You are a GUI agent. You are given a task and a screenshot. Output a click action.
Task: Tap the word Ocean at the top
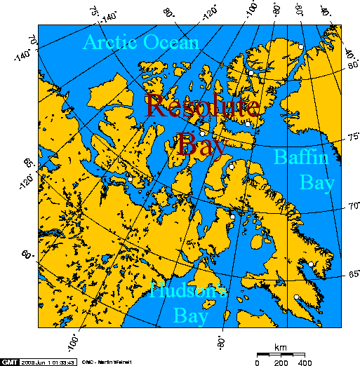coord(172,43)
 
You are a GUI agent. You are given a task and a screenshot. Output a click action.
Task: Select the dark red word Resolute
coord(203,107)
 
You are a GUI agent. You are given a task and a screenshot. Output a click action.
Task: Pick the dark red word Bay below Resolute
coord(201,144)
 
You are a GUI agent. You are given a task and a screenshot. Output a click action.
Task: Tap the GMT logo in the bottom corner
coord(9,361)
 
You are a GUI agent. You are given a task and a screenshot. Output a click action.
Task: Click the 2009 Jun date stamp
coord(49,362)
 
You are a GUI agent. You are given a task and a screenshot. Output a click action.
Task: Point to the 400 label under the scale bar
coord(305,362)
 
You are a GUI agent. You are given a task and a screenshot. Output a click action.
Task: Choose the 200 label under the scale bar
coord(281,362)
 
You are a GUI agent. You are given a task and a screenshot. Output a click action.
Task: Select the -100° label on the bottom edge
coord(72,341)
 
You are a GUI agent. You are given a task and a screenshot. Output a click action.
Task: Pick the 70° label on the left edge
coord(32,40)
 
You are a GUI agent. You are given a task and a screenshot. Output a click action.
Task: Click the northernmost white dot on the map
coord(300,46)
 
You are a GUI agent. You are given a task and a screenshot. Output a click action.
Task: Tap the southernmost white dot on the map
coord(297,297)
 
